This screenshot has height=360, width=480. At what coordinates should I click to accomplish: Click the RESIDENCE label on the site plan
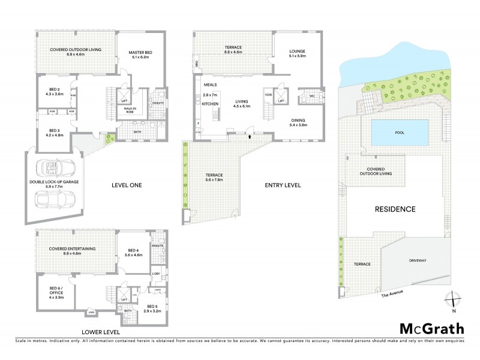395,209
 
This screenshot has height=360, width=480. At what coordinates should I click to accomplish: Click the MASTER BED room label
140,53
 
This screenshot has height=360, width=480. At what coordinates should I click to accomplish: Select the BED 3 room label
54,130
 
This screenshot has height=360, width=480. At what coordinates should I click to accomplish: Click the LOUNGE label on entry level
297,52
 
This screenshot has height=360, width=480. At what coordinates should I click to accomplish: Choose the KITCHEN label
210,104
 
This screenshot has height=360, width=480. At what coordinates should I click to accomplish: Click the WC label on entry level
312,96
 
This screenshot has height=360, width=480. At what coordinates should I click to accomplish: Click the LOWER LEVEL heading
102,332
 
